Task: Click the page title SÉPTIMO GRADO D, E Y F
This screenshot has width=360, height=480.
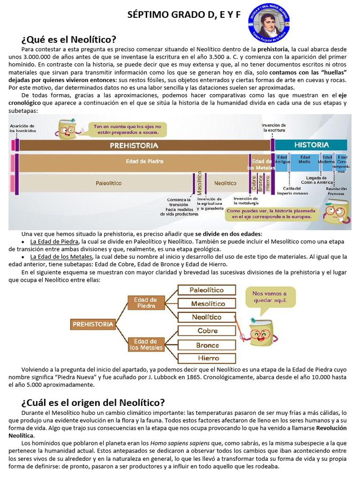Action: click(184, 15)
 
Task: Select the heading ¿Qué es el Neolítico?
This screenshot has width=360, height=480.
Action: click(69, 39)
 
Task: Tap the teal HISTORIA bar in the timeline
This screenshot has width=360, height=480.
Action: click(311, 145)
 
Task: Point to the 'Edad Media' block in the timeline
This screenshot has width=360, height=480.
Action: click(305, 160)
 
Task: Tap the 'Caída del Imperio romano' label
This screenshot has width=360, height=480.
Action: click(292, 190)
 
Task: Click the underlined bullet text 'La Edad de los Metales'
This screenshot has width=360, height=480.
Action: click(61, 257)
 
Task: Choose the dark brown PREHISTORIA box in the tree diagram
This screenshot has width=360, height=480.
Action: click(93, 324)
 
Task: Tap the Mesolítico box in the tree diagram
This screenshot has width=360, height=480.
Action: click(206, 303)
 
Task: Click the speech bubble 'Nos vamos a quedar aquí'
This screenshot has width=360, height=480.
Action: click(269, 297)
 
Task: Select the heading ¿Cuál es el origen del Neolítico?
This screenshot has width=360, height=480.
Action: click(93, 402)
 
